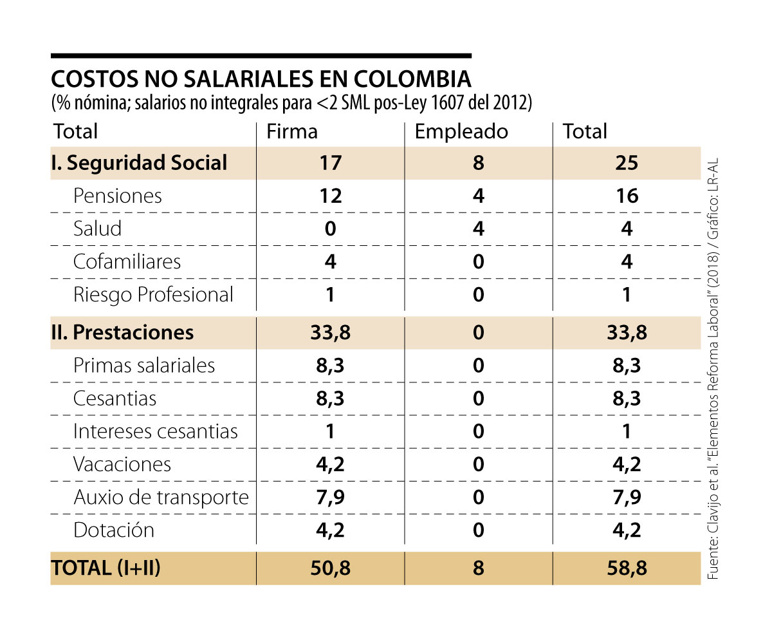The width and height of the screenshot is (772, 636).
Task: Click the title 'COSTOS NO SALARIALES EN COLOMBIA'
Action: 261,79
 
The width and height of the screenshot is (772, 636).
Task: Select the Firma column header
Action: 292,131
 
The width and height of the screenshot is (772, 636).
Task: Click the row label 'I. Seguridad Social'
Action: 139,163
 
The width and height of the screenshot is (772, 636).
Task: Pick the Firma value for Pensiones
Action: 330,196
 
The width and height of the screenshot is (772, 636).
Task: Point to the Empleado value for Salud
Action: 478,229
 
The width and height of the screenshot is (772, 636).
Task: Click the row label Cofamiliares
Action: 127,261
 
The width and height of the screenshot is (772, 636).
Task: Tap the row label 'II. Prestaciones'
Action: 122,332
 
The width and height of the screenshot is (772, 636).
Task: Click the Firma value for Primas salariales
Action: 330,366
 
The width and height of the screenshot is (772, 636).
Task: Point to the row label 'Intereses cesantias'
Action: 155,431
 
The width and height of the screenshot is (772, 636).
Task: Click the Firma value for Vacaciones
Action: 330,464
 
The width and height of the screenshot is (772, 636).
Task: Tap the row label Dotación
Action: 114,530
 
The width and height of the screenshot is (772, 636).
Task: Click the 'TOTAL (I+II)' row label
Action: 106,568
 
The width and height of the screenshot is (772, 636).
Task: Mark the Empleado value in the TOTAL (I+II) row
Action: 478,568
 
